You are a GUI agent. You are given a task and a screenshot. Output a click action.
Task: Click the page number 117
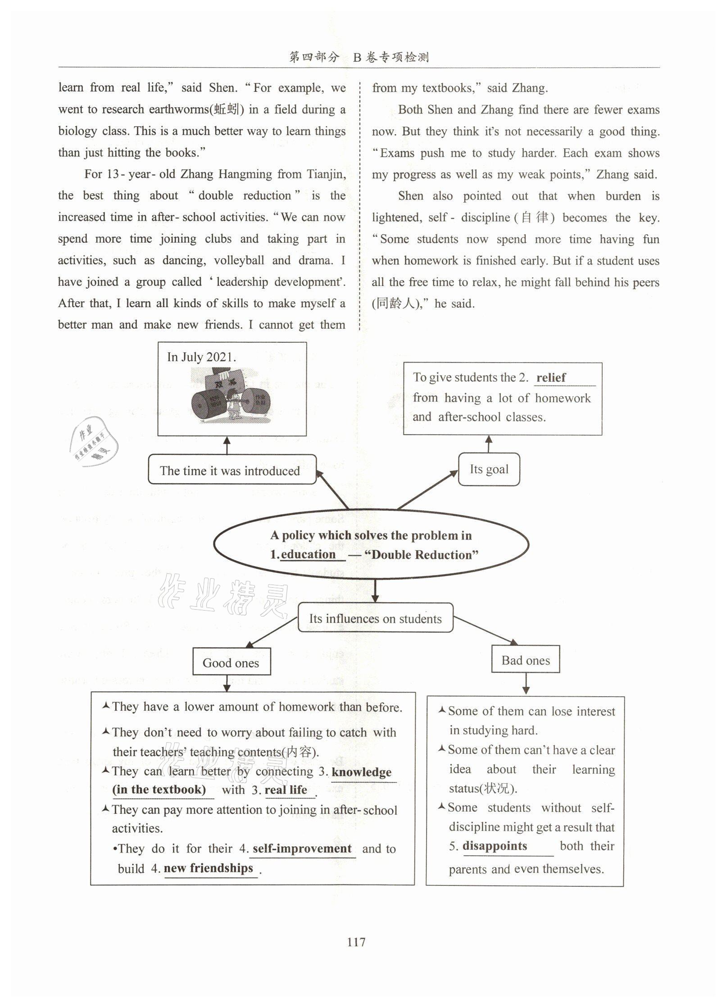pyautogui.click(x=356, y=941)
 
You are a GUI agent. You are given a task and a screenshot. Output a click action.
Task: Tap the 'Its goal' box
pyautogui.click(x=489, y=469)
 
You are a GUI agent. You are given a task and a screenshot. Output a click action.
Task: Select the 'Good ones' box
pyautogui.click(x=231, y=662)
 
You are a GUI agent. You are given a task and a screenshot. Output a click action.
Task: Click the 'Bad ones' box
pyautogui.click(x=525, y=660)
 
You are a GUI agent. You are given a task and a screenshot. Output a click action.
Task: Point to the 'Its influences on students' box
pyautogui.click(x=375, y=618)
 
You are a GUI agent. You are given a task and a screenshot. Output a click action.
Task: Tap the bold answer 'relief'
pyautogui.click(x=551, y=377)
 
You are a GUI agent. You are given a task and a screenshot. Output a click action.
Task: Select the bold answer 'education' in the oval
pyautogui.click(x=308, y=554)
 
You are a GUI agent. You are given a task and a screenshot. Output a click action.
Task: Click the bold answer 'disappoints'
pyautogui.click(x=495, y=846)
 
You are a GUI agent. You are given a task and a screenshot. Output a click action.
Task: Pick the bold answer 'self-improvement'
pyautogui.click(x=302, y=848)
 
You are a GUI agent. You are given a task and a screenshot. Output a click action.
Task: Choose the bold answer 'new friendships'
pyautogui.click(x=208, y=868)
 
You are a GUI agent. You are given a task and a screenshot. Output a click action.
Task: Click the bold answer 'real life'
pyautogui.click(x=286, y=789)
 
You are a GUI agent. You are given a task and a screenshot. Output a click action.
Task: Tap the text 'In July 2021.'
pyautogui.click(x=201, y=357)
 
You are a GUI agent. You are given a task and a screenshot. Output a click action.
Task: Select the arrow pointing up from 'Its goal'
pyautogui.click(x=489, y=444)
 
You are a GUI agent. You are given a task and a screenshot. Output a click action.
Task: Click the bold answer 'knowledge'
pyautogui.click(x=362, y=772)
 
